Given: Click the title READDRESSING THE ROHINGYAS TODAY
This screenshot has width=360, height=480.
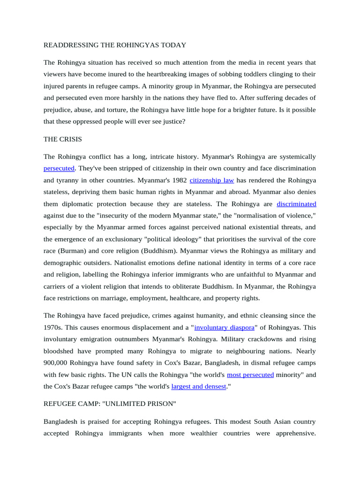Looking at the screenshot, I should click(x=115, y=45).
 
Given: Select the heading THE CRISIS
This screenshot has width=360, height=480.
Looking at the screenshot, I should click(x=62, y=139).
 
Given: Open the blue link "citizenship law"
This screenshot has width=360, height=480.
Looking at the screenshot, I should click(x=211, y=180).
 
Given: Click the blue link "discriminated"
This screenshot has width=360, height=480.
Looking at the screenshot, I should click(x=296, y=204).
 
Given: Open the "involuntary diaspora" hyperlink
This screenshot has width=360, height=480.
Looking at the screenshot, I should click(x=224, y=327).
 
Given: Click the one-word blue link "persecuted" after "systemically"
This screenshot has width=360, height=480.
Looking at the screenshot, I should click(x=59, y=168).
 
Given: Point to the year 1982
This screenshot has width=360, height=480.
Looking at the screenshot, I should click(x=179, y=180).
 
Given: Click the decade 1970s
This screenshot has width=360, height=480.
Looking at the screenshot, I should click(x=53, y=327).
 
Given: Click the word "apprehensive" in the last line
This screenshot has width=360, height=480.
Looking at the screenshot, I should click(x=295, y=434).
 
